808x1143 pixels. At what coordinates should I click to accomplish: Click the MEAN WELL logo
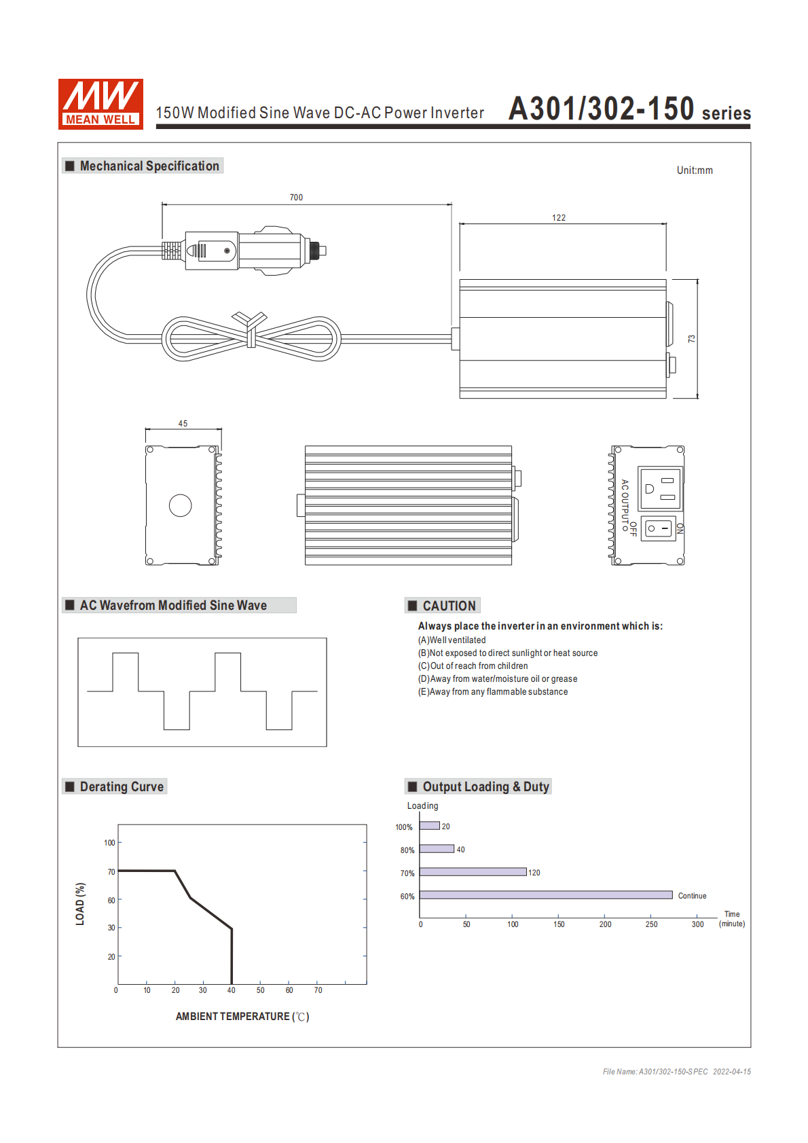(x=100, y=104)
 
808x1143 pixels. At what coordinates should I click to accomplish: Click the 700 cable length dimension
(x=296, y=198)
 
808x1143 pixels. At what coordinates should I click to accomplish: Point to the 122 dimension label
(x=559, y=218)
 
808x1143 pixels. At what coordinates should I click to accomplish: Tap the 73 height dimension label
(x=692, y=338)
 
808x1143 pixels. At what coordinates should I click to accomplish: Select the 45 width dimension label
(x=183, y=424)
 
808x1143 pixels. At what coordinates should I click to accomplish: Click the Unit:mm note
(x=695, y=170)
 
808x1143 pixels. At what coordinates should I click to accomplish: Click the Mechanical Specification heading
(x=149, y=166)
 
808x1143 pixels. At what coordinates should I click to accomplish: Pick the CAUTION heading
(x=449, y=606)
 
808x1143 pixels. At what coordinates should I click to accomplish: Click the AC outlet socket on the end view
(x=660, y=488)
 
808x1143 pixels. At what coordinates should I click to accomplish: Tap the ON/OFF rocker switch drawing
(x=658, y=528)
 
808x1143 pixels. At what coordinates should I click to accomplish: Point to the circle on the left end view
(x=180, y=505)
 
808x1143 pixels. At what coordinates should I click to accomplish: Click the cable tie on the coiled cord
(x=251, y=329)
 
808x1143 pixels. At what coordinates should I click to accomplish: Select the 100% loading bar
(x=429, y=826)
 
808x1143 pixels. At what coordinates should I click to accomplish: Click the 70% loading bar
(x=473, y=872)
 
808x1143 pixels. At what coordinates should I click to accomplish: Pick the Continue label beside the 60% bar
(x=692, y=896)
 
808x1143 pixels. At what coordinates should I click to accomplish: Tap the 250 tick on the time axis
(x=651, y=924)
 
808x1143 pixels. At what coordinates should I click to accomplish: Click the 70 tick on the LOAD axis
(x=111, y=872)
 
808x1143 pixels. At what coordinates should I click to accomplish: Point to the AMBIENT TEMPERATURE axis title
(x=242, y=1017)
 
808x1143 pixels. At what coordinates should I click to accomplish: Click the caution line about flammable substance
(x=493, y=692)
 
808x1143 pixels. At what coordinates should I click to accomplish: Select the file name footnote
(x=676, y=1072)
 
